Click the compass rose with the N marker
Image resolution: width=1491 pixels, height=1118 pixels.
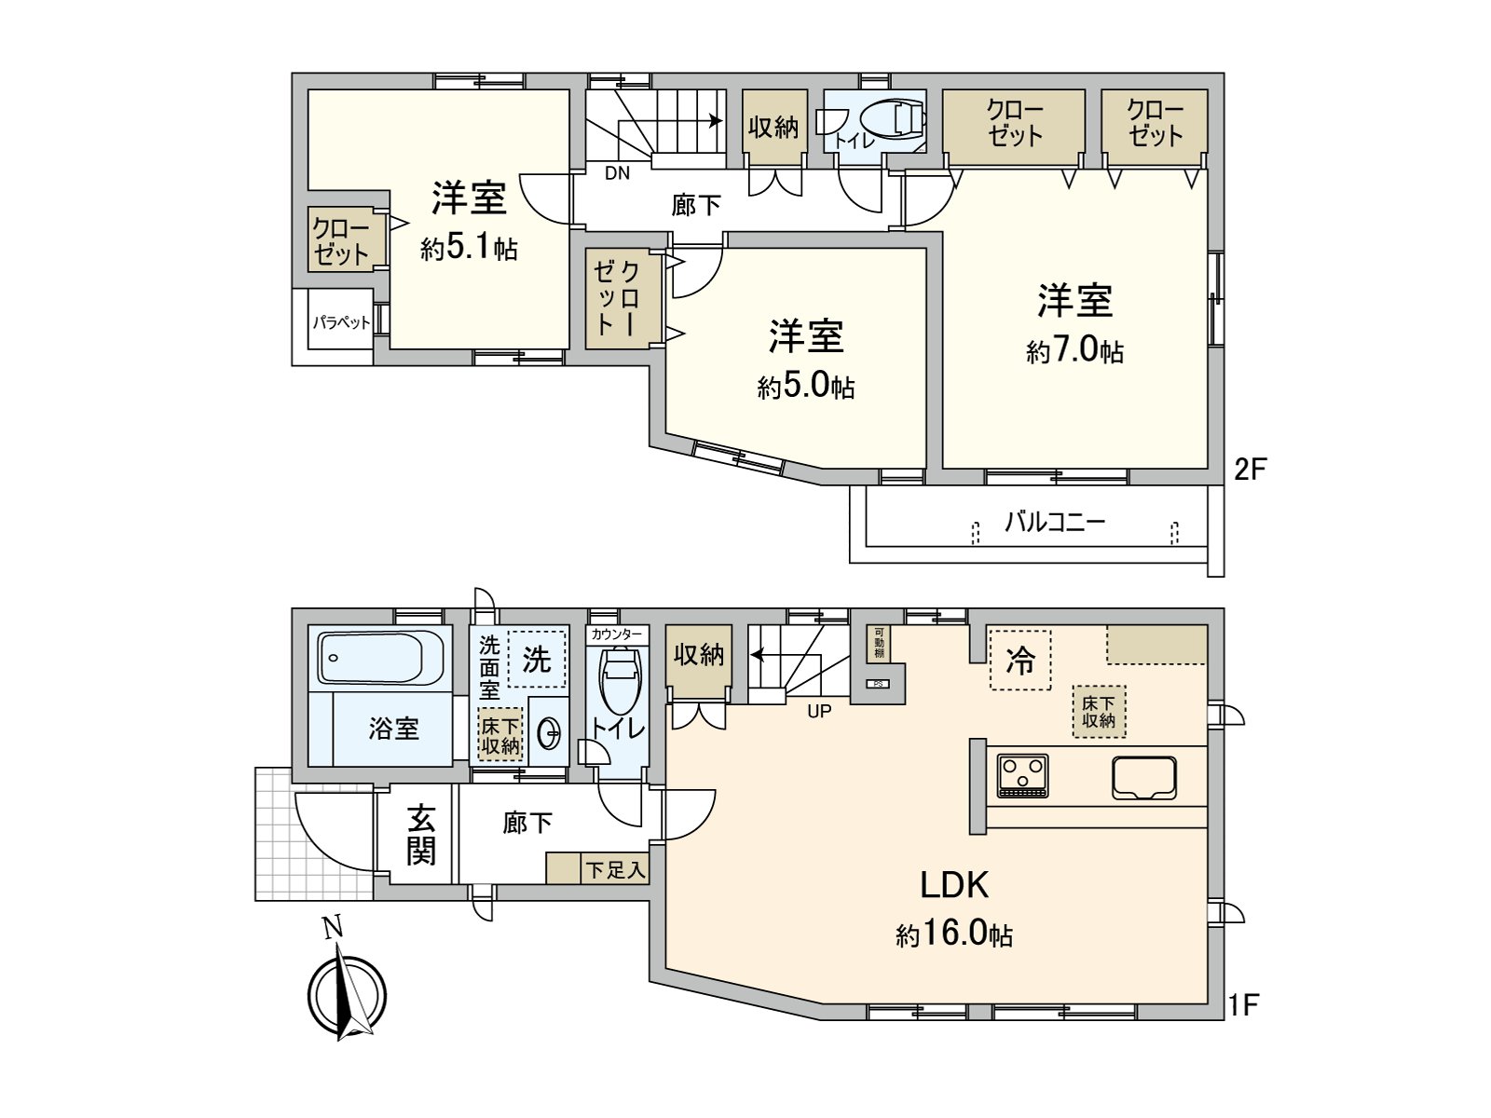(347, 995)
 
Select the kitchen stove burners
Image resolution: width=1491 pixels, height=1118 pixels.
(1022, 775)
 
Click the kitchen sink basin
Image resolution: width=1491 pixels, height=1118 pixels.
(1143, 778)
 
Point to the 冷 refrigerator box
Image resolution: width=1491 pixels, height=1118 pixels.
(1020, 661)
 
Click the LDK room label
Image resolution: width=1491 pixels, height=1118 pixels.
(954, 885)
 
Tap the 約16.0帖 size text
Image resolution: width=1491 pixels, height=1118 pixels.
(954, 934)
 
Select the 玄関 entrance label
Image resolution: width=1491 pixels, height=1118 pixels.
(420, 836)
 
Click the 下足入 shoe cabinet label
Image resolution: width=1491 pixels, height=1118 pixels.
(615, 870)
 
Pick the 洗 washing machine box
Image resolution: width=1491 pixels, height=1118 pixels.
(537, 659)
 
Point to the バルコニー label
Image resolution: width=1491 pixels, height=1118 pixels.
(1054, 522)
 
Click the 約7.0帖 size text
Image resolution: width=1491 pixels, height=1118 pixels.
(1074, 351)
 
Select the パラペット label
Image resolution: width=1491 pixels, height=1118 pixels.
(341, 323)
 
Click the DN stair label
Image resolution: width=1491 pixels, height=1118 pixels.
(617, 172)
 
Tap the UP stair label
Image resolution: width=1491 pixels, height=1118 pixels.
(819, 711)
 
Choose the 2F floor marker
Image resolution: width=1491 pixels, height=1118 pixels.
(1251, 469)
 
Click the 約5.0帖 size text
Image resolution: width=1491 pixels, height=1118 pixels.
(806, 387)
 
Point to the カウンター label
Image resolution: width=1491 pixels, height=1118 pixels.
(616, 634)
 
